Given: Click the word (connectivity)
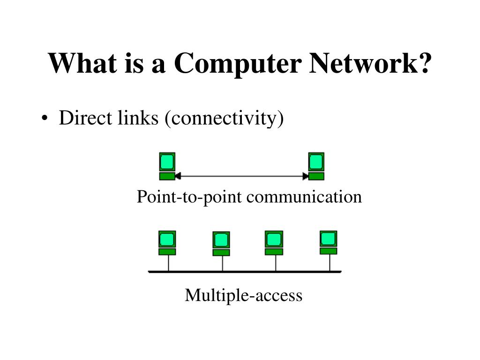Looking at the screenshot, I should (x=224, y=119).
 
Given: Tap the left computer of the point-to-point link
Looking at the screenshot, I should (x=167, y=166).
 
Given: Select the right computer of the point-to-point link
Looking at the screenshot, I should (x=316, y=166).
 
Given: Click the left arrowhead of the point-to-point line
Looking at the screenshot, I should (x=178, y=177).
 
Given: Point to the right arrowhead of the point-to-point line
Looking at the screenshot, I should (x=306, y=177).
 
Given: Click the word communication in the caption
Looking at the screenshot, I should (x=304, y=196).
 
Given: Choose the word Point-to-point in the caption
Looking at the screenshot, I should (x=189, y=196).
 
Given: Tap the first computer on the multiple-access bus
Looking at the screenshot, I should (x=167, y=243).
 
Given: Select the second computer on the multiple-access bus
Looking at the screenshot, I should (x=221, y=244).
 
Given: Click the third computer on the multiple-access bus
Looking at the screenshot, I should (x=274, y=243).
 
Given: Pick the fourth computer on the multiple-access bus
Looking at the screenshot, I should (x=328, y=242).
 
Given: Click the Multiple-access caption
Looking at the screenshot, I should (x=243, y=295).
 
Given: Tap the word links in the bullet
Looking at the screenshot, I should (x=139, y=119).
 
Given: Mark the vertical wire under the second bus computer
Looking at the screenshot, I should (x=222, y=263).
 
